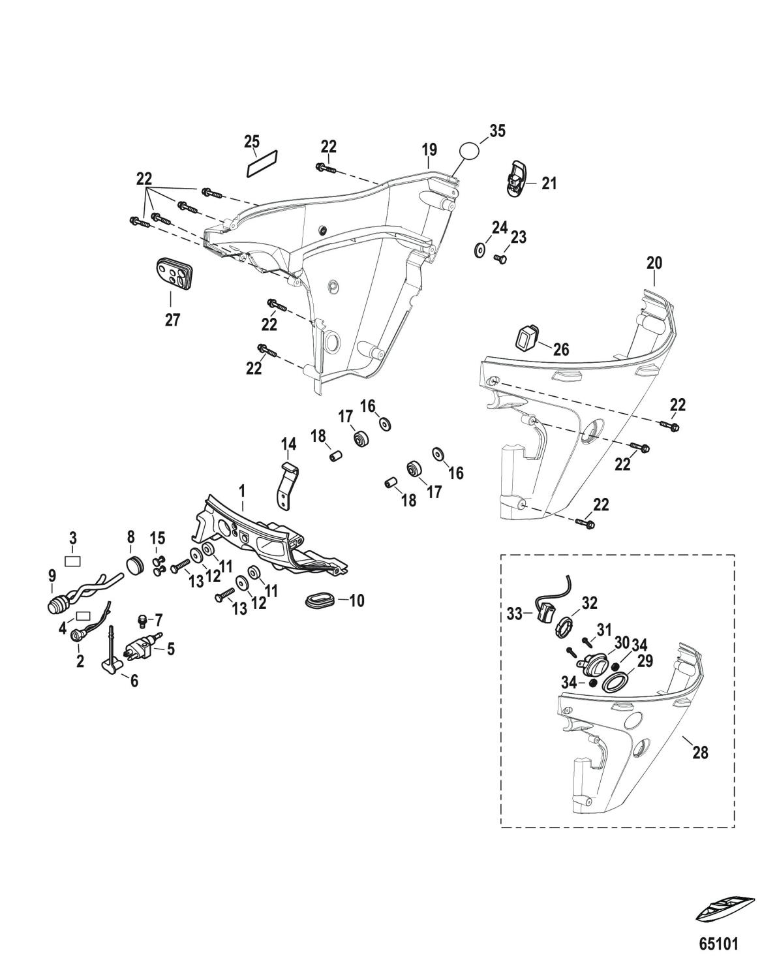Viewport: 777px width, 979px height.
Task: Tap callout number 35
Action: point(497,131)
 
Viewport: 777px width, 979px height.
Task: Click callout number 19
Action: point(429,151)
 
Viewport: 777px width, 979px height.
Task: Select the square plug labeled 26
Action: point(526,339)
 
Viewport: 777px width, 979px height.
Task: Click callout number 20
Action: point(654,264)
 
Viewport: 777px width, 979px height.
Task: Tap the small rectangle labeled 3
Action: point(74,559)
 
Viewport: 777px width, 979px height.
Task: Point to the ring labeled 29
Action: point(613,683)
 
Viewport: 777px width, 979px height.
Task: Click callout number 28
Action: point(700,753)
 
